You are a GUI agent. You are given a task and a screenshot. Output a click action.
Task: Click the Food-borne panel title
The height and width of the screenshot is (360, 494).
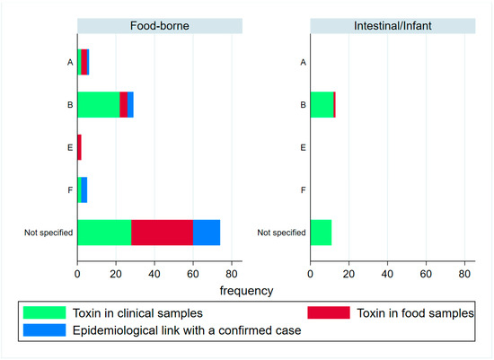click(159, 26)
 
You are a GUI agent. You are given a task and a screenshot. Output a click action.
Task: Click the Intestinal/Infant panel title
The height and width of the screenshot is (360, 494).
click(392, 26)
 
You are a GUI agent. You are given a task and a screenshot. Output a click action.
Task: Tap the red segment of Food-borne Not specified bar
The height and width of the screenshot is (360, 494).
click(162, 233)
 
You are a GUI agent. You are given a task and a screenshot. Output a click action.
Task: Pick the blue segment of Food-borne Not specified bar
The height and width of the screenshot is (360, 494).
click(206, 233)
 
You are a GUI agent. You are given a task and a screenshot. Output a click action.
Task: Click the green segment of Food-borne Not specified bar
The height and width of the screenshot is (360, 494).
click(104, 233)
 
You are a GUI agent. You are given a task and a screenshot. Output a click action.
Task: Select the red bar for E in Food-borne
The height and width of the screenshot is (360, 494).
click(79, 147)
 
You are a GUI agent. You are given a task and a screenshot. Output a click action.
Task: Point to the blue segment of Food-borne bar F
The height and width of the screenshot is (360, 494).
click(84, 189)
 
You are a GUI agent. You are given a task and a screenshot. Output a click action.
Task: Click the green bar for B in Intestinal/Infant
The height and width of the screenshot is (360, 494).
click(321, 104)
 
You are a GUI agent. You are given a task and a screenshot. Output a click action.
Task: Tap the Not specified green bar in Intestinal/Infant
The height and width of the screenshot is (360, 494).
click(321, 233)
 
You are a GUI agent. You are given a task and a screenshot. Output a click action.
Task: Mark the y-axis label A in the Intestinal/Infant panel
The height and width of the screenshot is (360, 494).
click(303, 62)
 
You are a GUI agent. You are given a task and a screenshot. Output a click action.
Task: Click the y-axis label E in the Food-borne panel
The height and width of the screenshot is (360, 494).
click(69, 147)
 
